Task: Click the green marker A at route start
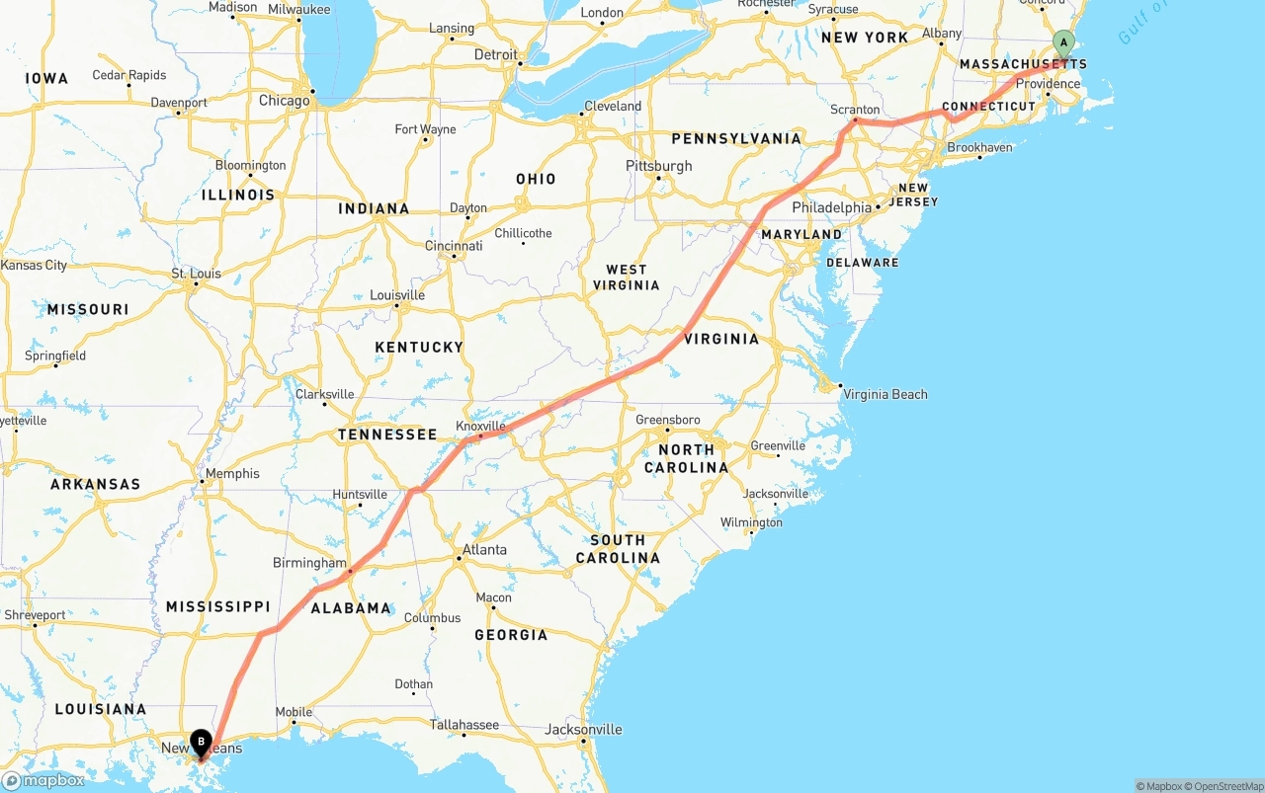pos(1063,42)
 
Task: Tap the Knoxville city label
pos(480,427)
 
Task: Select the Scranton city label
pos(856,110)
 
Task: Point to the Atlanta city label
pos(484,550)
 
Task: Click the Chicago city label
pos(284,101)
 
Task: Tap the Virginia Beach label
pos(885,394)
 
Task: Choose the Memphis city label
pos(233,473)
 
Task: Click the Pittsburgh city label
pos(659,166)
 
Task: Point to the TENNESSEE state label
pos(387,435)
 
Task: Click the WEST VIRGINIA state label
pos(626,278)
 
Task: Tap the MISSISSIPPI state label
pos(217,606)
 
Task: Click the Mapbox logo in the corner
pos(43,780)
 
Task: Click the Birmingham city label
pos(309,563)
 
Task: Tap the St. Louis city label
pos(196,274)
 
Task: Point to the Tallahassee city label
pos(464,725)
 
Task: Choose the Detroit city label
pos(496,55)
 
